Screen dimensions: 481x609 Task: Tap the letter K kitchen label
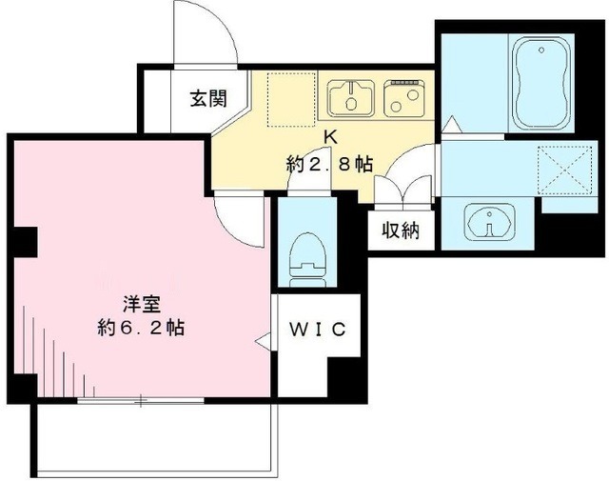(x=330, y=138)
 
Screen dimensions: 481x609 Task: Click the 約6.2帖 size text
(x=140, y=329)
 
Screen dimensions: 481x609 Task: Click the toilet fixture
(x=307, y=255)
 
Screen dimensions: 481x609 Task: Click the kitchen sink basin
(x=350, y=96)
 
